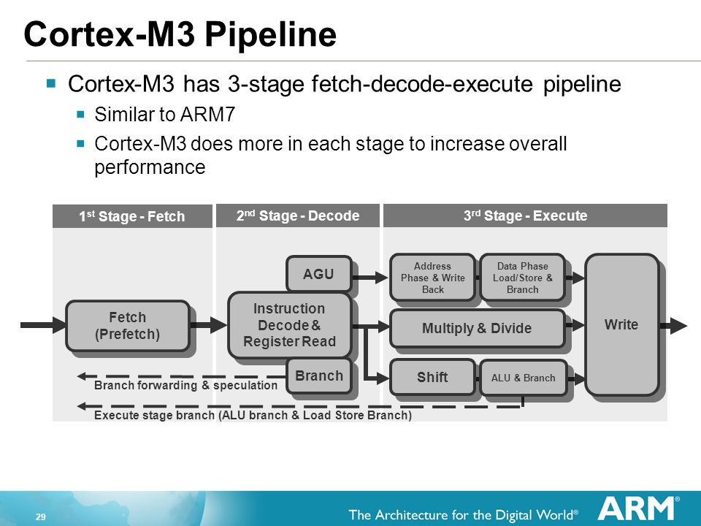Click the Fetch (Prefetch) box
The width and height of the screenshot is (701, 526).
coord(128,326)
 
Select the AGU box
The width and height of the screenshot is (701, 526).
coord(319,274)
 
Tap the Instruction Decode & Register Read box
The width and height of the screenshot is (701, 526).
coord(290,325)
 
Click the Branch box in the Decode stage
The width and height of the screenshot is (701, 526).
coord(319,376)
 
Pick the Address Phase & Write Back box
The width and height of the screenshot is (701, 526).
coord(432,278)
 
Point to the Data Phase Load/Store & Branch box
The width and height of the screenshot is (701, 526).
coord(523,278)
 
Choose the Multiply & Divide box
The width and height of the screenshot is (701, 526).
coord(477,328)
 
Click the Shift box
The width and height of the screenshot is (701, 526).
coord(432,378)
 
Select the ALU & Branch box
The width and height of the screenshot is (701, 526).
coord(523,378)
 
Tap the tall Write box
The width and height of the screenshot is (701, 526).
coord(621,324)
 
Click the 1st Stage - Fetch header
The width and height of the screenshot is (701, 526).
coord(132,216)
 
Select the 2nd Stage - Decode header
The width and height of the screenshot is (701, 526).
coord(298,216)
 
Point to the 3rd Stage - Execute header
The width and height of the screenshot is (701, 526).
coord(525,216)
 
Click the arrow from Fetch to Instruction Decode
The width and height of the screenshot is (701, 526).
coord(209,325)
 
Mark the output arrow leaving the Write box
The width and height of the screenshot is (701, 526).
coord(673,326)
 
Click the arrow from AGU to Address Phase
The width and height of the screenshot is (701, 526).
coord(370,278)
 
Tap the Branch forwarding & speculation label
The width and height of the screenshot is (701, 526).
coord(185,385)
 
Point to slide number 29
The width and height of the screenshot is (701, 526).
coord(41,517)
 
